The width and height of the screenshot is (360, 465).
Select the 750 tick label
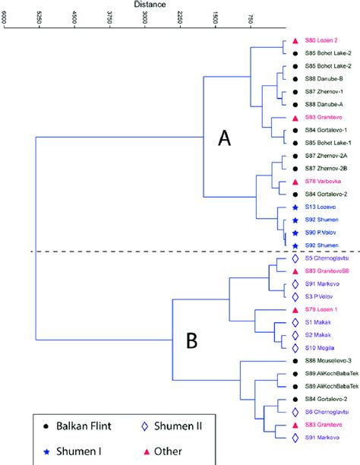(x=251, y=20)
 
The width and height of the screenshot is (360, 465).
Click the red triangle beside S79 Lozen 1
(x=294, y=310)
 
